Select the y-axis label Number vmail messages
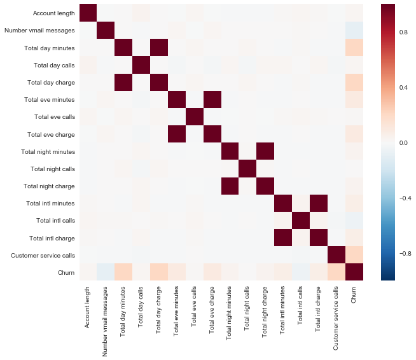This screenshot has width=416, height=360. [39, 30]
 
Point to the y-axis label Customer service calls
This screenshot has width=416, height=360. [43, 255]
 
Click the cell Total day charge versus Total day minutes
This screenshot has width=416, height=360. [123, 82]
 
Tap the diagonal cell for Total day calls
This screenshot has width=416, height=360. [141, 64]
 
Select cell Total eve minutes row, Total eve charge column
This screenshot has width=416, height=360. [210, 99]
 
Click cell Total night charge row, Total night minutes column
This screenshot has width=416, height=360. [227, 186]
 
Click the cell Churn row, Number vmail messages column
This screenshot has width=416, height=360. [106, 272]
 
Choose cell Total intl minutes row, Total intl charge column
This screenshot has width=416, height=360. [314, 203]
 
